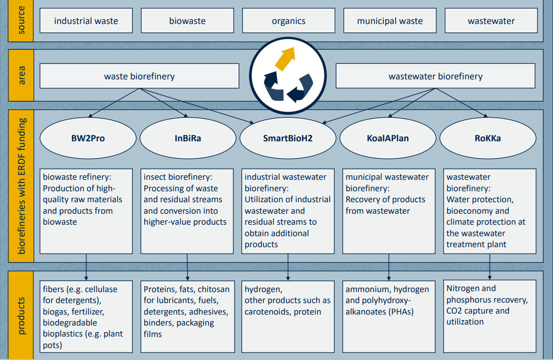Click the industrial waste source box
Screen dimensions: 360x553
(x=86, y=21)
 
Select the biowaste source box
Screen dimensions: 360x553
(x=187, y=21)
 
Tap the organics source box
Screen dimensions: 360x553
(x=288, y=21)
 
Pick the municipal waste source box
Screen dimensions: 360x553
(x=390, y=21)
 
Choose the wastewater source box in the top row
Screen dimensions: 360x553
(x=491, y=21)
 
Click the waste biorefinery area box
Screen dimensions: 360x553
(x=139, y=76)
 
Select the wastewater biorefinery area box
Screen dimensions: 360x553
(x=435, y=76)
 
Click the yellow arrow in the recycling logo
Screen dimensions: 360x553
(x=285, y=58)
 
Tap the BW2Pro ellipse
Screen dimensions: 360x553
(x=88, y=138)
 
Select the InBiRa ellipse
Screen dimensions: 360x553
(x=188, y=138)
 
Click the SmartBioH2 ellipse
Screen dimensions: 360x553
(x=287, y=138)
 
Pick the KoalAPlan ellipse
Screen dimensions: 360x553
(x=388, y=138)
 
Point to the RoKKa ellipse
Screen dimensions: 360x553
(x=488, y=138)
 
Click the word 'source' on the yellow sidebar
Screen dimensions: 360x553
(x=21, y=21)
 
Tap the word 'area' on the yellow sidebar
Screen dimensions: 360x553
(x=21, y=75)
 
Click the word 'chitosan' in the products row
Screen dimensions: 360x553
(x=214, y=289)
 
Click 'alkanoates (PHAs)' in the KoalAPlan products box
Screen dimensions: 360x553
(x=380, y=312)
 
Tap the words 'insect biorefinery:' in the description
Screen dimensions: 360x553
(x=178, y=177)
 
